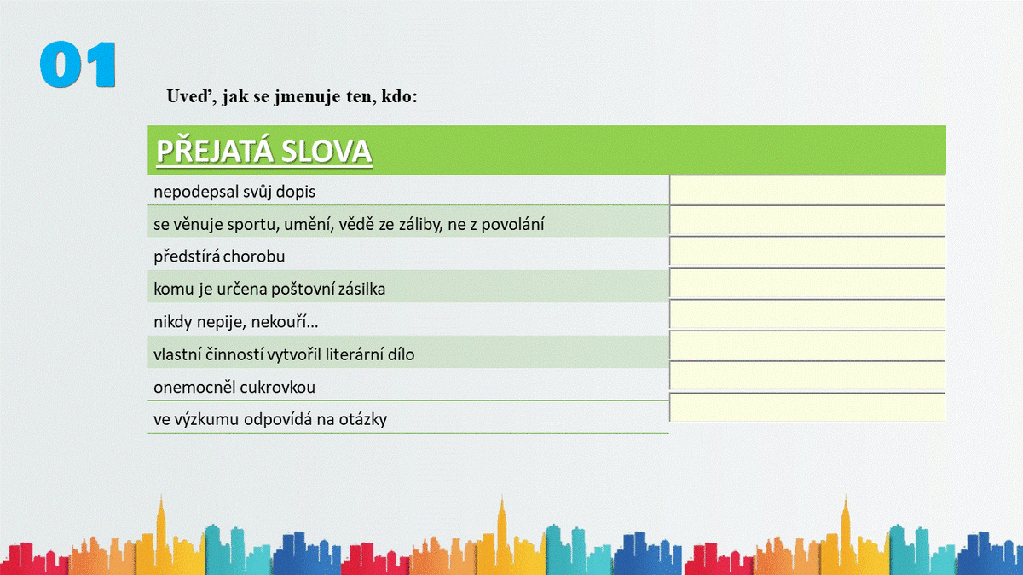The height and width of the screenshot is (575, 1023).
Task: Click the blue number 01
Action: point(78,65)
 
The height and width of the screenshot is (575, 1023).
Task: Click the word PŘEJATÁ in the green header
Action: point(215,151)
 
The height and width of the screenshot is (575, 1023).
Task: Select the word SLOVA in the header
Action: point(327,151)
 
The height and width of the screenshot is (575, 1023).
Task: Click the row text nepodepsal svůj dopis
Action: point(234,192)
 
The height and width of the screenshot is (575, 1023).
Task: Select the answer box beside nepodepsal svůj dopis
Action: point(807,189)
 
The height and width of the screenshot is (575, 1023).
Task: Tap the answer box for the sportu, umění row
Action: point(807,221)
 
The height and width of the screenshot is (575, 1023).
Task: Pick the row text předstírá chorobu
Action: point(219,256)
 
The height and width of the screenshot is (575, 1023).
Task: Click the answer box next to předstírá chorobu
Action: point(807,251)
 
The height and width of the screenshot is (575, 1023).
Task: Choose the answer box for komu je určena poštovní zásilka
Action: point(807,284)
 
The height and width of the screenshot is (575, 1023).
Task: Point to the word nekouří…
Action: point(285,322)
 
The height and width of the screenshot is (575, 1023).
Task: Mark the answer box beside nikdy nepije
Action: point(807,314)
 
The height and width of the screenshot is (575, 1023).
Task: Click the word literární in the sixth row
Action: point(351,354)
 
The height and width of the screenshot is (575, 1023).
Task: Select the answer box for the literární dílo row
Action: point(807,346)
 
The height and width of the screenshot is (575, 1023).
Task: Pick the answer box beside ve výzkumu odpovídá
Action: point(807,406)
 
